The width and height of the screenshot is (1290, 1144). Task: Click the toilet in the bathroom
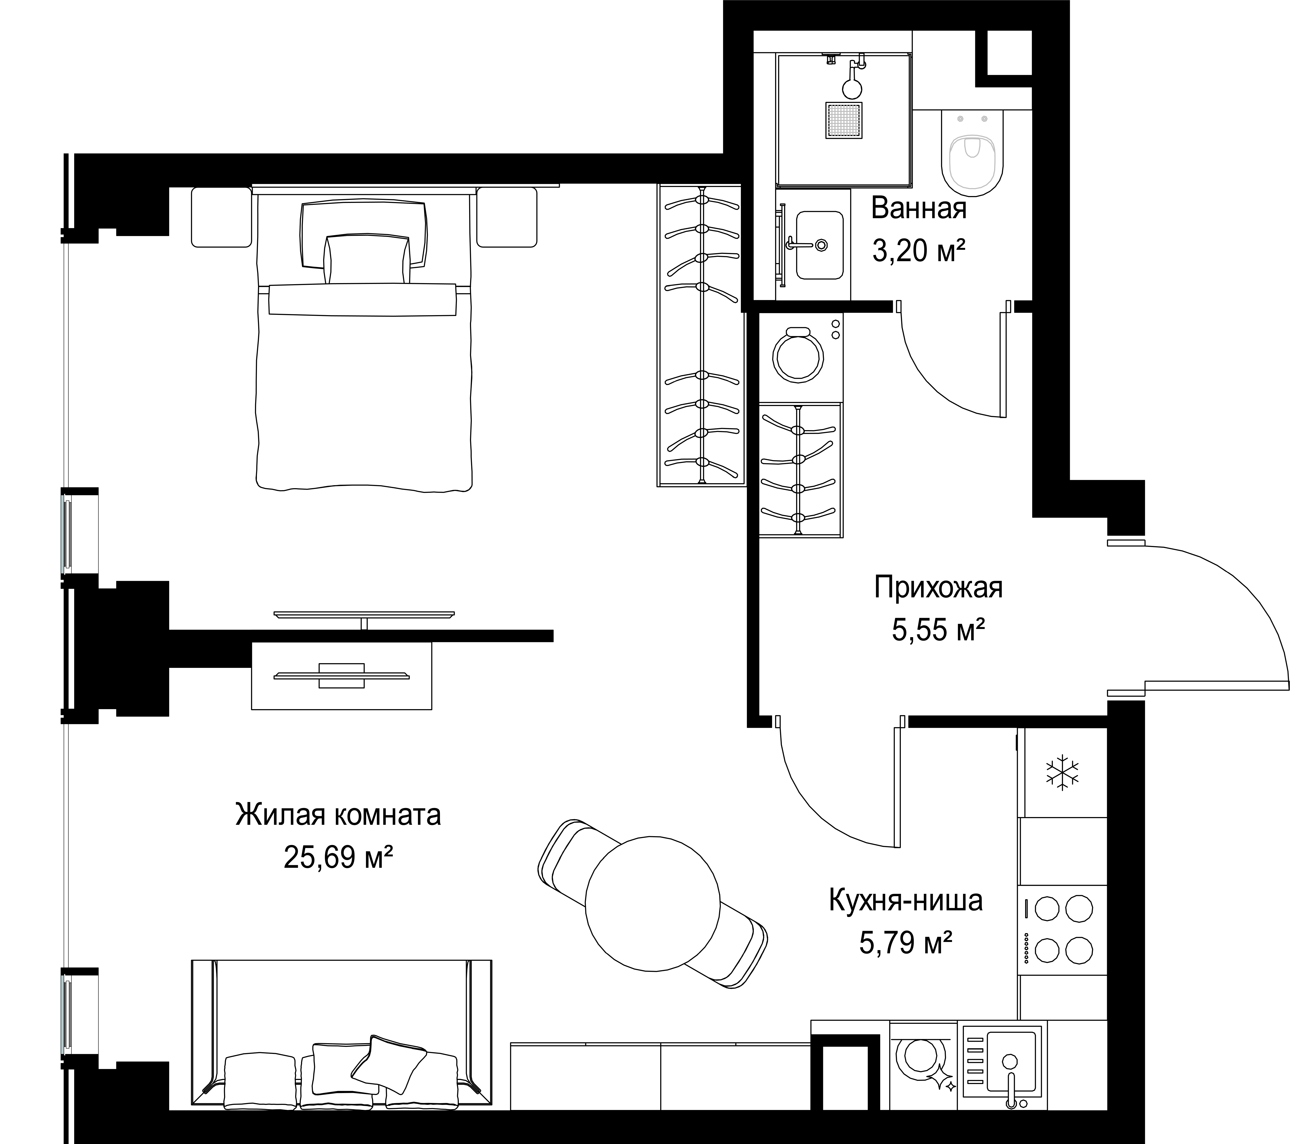point(972,152)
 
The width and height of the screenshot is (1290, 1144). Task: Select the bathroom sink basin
point(819,245)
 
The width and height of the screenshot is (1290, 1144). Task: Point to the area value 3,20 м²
point(919,251)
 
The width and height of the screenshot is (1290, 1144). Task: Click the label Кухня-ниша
point(906,900)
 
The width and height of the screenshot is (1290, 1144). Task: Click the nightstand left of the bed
point(221,217)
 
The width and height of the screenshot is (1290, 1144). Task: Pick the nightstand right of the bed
point(507,217)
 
